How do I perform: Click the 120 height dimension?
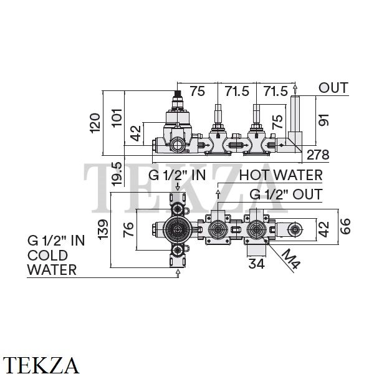coord(95,123)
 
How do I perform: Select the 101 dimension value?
coord(117,118)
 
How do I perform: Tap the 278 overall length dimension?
coord(318,155)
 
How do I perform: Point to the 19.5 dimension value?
coord(117,174)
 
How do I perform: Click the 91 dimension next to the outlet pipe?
coord(324,120)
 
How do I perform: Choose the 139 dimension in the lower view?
coord(103,229)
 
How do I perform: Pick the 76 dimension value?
coord(128,229)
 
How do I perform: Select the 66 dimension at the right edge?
coord(345,226)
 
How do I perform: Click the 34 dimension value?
coord(257,264)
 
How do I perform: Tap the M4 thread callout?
coord(291,259)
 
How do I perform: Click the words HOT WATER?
coord(280,175)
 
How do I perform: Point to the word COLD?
coord(47,256)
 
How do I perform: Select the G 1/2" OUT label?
coord(286,194)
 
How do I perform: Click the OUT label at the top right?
coord(333,88)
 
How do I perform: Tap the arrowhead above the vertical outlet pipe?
coord(295,87)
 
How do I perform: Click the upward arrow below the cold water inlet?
coord(178,273)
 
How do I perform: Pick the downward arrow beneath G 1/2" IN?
coord(178,187)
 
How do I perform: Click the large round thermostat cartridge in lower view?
coord(178,229)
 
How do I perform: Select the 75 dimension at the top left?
coord(198,91)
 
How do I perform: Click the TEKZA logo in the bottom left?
coord(41,365)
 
